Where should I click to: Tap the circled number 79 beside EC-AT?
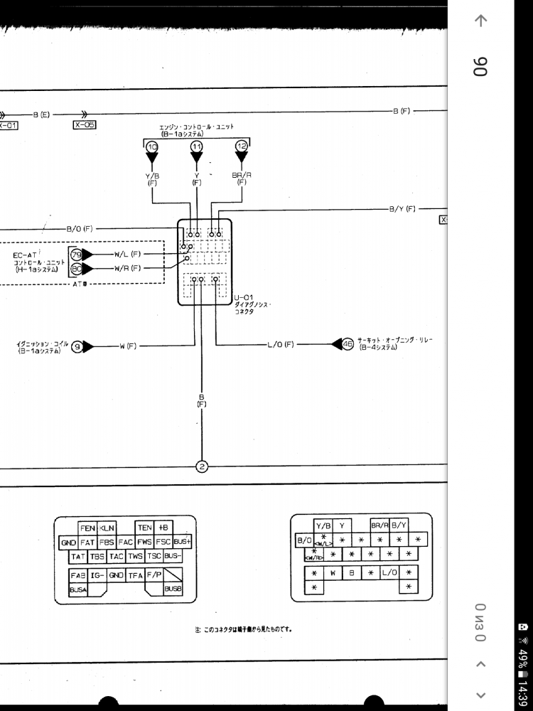click(76, 254)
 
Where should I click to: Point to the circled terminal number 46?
click(348, 344)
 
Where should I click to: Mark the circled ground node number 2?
click(202, 466)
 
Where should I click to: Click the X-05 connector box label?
click(85, 124)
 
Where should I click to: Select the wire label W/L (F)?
click(127, 254)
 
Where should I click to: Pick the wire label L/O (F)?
click(281, 345)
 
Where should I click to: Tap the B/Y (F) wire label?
click(402, 209)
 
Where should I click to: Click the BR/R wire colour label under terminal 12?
click(242, 175)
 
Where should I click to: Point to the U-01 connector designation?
click(244, 296)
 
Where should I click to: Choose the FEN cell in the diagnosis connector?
click(87, 528)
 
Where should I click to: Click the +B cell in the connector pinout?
click(163, 528)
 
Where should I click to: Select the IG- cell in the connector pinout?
click(97, 574)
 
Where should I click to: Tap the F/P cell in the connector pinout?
click(154, 574)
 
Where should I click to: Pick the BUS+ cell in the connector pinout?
click(183, 542)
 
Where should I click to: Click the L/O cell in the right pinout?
click(389, 572)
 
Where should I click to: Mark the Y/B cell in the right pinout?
click(323, 526)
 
